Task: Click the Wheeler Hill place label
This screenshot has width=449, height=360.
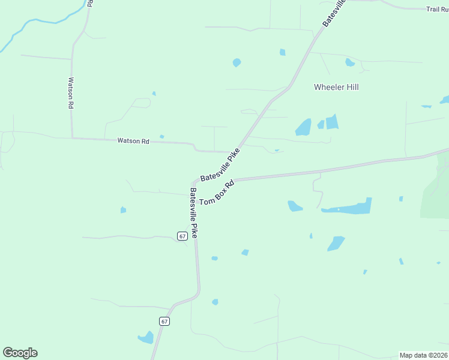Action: point(336,87)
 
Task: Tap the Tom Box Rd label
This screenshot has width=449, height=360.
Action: point(216,193)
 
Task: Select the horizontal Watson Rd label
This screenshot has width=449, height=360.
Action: point(133,141)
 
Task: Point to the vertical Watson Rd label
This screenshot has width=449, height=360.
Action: point(71,92)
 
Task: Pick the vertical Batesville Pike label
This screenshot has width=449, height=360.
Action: point(193,213)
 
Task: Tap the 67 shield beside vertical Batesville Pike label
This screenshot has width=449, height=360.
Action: point(182,236)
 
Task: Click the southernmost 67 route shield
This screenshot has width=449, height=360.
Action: point(164,321)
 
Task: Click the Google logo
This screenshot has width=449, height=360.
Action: point(20,353)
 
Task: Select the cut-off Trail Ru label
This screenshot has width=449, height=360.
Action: point(437,9)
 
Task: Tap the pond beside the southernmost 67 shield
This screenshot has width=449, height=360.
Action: point(146,337)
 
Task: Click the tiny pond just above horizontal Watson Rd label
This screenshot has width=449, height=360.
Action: point(161,136)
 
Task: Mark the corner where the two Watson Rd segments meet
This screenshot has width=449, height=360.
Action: point(73,137)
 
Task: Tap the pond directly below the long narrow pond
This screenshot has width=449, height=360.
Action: point(336,243)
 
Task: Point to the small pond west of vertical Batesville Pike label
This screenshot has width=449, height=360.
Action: point(123,210)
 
